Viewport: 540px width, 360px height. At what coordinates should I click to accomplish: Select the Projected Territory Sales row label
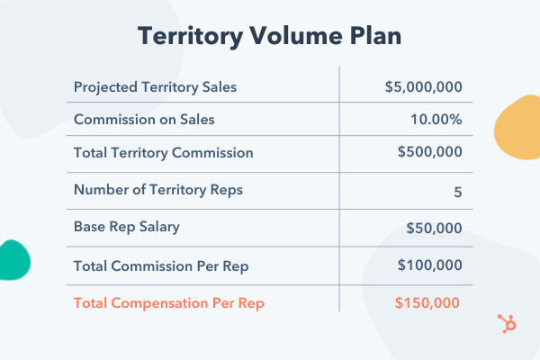155,87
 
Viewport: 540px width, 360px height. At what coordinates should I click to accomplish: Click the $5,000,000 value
423,87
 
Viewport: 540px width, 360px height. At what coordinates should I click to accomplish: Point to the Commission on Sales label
144,119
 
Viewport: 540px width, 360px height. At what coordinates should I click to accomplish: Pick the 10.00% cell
436,119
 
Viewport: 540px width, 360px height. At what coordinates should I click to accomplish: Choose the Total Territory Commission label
163,153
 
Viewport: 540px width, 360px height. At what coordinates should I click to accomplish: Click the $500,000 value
430,153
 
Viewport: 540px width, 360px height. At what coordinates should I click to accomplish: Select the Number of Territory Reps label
157,190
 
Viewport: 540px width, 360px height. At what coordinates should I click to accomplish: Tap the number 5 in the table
458,191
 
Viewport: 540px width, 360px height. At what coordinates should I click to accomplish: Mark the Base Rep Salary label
126,227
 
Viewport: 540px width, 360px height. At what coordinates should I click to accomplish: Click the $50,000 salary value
434,227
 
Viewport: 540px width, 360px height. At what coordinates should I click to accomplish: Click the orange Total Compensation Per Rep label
168,302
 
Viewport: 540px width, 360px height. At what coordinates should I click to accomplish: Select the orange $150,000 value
427,302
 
